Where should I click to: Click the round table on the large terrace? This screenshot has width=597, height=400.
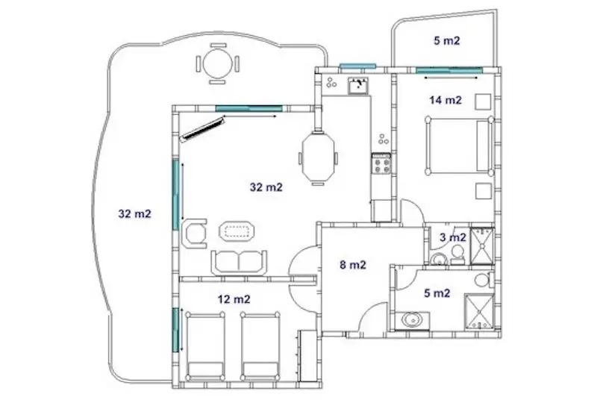click(218, 64)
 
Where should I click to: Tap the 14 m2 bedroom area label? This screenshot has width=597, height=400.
click(445, 100)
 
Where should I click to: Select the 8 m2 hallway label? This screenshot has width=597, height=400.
click(352, 264)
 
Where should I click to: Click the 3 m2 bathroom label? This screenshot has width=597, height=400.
click(453, 237)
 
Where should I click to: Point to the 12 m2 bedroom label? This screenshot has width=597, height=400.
click(234, 299)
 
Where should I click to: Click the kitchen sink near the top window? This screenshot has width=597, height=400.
click(357, 86)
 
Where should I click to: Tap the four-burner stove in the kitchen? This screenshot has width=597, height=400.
click(381, 164)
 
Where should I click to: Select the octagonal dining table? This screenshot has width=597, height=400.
click(318, 157)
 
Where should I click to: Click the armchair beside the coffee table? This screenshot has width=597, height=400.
click(195, 234)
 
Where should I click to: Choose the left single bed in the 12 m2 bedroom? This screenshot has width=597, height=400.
click(205, 346)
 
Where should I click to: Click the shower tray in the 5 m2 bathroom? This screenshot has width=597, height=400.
click(479, 312)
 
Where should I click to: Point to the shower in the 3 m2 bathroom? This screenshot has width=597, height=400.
click(482, 246)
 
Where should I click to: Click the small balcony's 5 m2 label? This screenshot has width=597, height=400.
click(446, 40)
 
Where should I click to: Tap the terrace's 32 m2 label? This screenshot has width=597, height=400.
click(135, 214)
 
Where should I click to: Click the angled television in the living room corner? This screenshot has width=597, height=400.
click(202, 129)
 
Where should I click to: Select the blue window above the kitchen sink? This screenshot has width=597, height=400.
click(357, 66)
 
